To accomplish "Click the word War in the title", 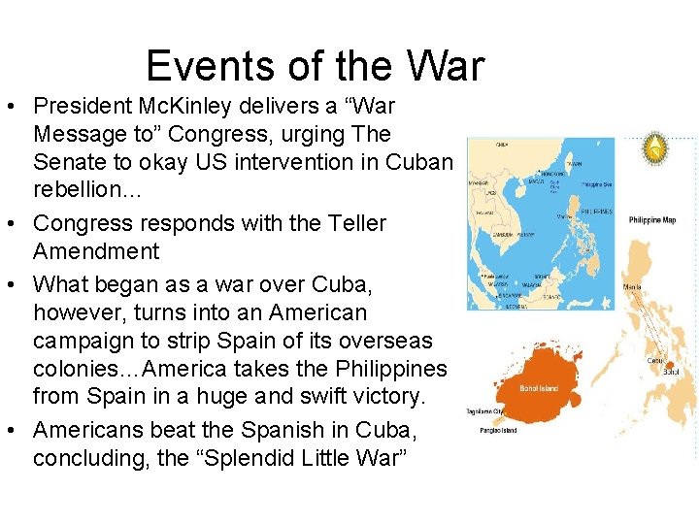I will pos(445,66).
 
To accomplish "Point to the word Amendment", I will pos(96,251).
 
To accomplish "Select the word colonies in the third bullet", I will pos(78,370).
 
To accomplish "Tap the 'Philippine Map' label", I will pos(652,220).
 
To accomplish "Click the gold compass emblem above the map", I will pos(657,148).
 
